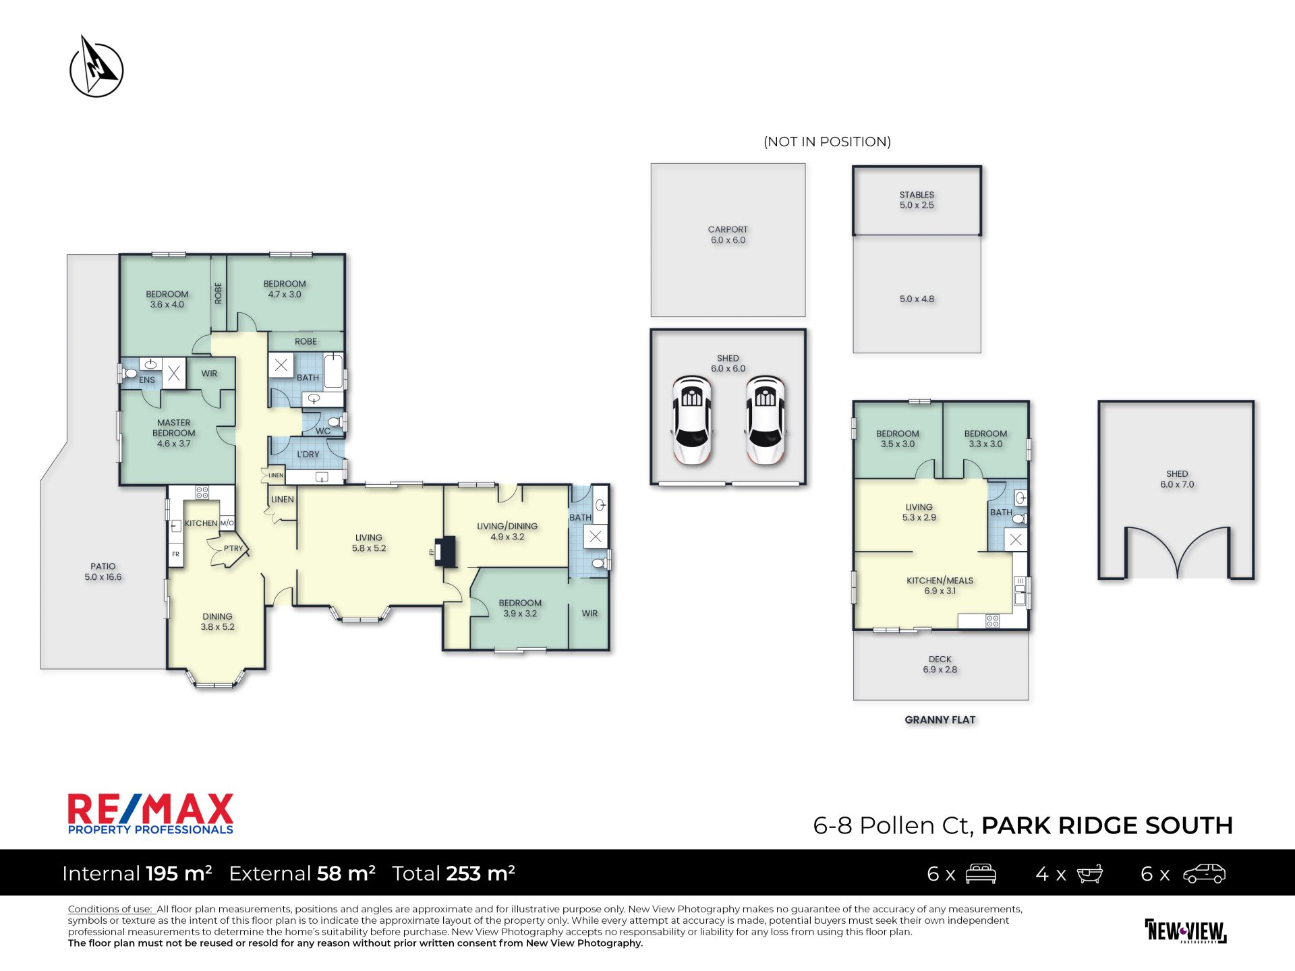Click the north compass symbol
(96, 67)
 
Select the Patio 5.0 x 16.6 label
(103, 572)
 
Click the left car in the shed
(692, 421)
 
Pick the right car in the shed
(765, 421)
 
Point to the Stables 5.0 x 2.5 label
(917, 200)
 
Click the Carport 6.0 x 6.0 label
(728, 235)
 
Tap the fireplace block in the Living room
(445, 551)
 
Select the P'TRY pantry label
(233, 548)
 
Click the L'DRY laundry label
(308, 454)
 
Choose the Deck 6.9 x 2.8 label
(940, 664)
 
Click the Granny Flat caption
(940, 720)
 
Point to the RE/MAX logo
(150, 814)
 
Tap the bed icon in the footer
(981, 874)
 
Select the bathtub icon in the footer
(1089, 874)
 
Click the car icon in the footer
(1204, 874)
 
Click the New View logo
(1186, 931)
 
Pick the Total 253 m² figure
(453, 873)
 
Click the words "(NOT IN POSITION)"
(827, 142)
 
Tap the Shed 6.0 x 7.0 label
(1177, 479)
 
